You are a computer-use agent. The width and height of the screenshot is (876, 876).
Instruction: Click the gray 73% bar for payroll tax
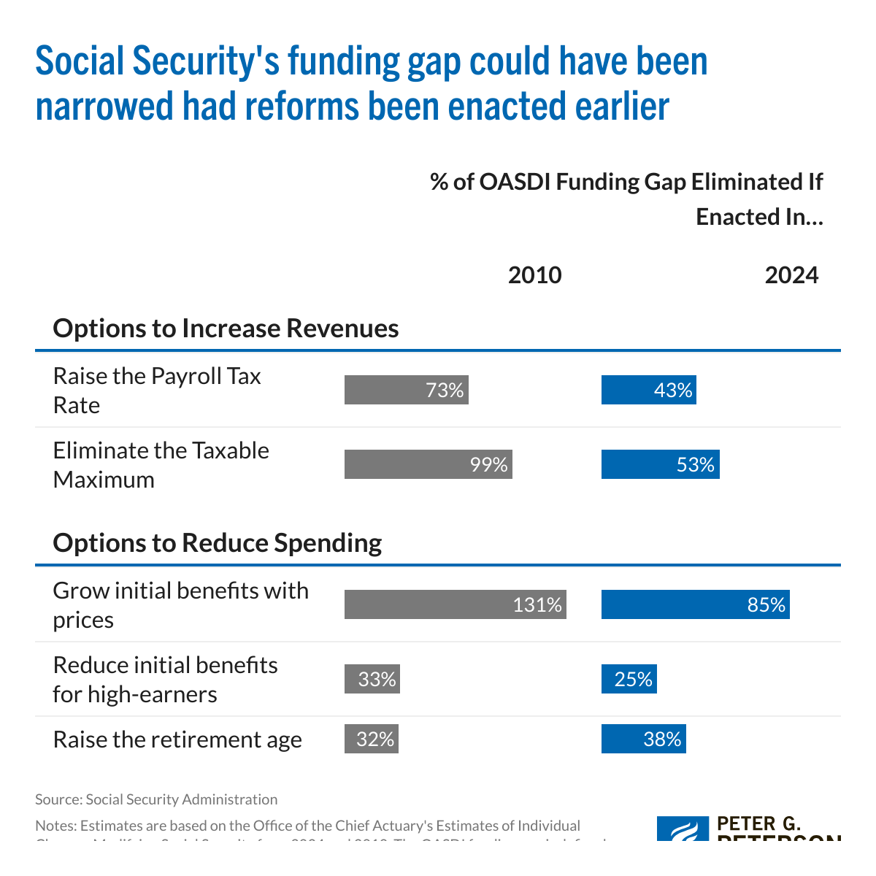click(x=406, y=391)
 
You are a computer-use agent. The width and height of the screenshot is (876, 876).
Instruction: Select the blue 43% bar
click(x=648, y=391)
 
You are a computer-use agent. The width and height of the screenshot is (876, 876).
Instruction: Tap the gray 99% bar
click(x=428, y=465)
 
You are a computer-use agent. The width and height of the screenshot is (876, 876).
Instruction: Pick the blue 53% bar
click(x=660, y=465)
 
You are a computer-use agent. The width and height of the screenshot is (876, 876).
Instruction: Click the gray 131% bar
click(x=455, y=605)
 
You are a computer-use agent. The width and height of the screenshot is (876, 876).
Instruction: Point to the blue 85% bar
click(x=695, y=605)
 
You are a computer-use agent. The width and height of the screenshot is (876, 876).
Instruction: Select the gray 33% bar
click(x=372, y=680)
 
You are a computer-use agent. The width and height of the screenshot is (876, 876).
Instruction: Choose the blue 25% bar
click(x=629, y=680)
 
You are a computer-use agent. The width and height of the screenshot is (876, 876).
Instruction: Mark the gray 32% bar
click(x=372, y=739)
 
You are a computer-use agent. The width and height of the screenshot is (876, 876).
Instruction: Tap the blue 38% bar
click(x=643, y=739)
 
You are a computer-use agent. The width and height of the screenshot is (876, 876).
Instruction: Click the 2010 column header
click(x=534, y=275)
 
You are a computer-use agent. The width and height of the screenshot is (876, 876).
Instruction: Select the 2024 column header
click(x=791, y=275)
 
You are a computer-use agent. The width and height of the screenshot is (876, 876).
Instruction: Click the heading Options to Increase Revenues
click(x=226, y=328)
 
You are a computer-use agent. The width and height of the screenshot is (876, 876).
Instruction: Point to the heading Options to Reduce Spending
click(x=217, y=543)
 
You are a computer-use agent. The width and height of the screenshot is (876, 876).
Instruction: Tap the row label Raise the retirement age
click(x=177, y=739)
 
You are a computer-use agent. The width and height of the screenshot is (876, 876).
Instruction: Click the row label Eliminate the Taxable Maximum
click(x=161, y=465)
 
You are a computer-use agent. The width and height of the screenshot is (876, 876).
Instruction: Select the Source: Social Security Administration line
click(x=156, y=799)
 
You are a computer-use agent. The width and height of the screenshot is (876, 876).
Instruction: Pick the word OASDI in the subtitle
click(x=515, y=182)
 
